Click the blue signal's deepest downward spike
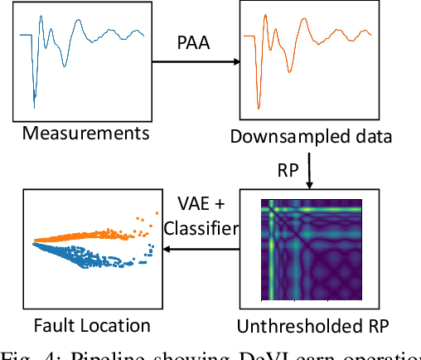(34, 105)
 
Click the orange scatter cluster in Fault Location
(83, 236)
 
